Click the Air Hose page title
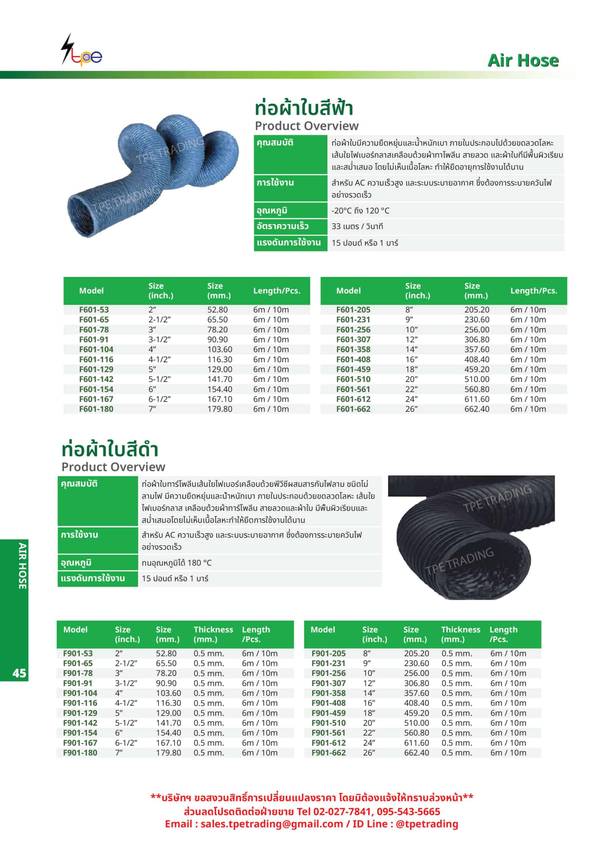point(523,61)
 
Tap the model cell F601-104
point(96,349)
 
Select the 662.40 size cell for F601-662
point(477,409)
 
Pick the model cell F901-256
point(328,673)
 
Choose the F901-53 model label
point(78,653)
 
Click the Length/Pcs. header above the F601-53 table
point(277,290)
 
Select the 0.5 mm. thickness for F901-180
point(208,752)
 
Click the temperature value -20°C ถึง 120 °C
point(360,210)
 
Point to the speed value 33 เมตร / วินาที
point(357,226)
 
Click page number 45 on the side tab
point(19,673)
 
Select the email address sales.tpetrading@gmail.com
point(272,824)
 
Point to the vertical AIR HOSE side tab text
point(22,566)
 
